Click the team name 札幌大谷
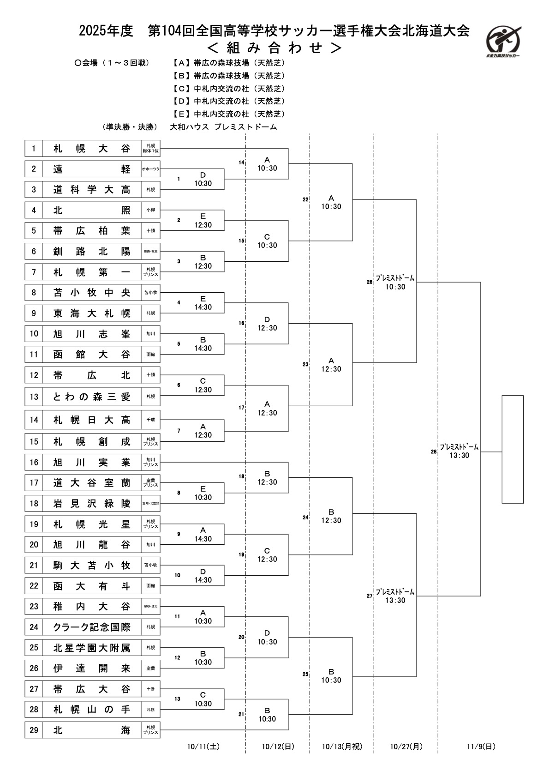[91, 149]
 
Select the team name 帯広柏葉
[91, 231]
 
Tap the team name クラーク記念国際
[91, 627]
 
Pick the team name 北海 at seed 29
[91, 730]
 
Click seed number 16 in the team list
[34, 462]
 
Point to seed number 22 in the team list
[34, 586]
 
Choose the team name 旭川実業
[91, 462]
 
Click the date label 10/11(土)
[203, 746]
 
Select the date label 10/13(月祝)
[342, 746]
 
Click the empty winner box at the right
[513, 449]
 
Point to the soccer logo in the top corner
[504, 41]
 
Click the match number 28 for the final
[434, 452]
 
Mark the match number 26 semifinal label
[370, 282]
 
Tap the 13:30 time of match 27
[395, 600]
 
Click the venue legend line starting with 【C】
[229, 88]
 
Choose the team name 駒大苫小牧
[91, 565]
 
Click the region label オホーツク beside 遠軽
[151, 169]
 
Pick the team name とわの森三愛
[91, 397]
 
